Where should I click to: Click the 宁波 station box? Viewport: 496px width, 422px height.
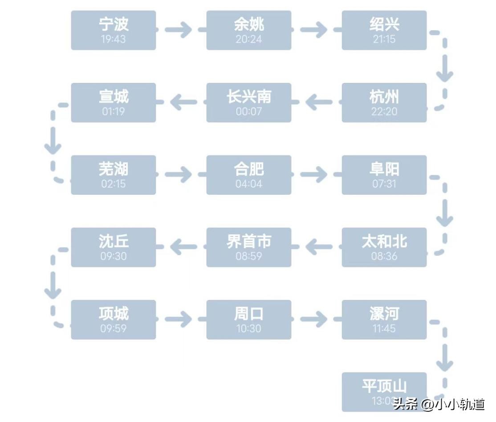click(113, 30)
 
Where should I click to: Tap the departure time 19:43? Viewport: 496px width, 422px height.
click(113, 39)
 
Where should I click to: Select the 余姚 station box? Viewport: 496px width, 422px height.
click(248, 30)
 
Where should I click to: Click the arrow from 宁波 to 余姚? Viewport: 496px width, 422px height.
click(179, 30)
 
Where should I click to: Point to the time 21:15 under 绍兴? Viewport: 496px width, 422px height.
click(384, 39)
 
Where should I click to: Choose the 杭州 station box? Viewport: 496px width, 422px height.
click(384, 102)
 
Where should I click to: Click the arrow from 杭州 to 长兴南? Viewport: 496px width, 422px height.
click(319, 102)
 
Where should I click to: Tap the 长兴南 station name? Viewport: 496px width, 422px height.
click(248, 97)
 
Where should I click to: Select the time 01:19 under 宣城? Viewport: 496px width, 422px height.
click(113, 111)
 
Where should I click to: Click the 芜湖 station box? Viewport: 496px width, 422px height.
click(113, 175)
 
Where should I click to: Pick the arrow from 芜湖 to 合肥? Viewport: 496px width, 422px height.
click(179, 174)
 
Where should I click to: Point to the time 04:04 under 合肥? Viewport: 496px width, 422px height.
click(248, 184)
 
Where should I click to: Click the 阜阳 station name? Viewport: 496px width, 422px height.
click(384, 169)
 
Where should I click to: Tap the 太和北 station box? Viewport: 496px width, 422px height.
click(384, 247)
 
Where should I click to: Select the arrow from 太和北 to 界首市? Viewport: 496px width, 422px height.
click(319, 247)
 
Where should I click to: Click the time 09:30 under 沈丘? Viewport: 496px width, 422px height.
click(113, 256)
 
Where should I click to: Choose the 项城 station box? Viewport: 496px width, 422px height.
click(113, 319)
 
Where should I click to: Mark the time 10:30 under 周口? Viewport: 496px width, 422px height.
click(248, 328)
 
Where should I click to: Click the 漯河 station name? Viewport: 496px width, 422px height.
click(384, 314)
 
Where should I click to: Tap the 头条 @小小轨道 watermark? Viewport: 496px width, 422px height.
click(439, 404)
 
